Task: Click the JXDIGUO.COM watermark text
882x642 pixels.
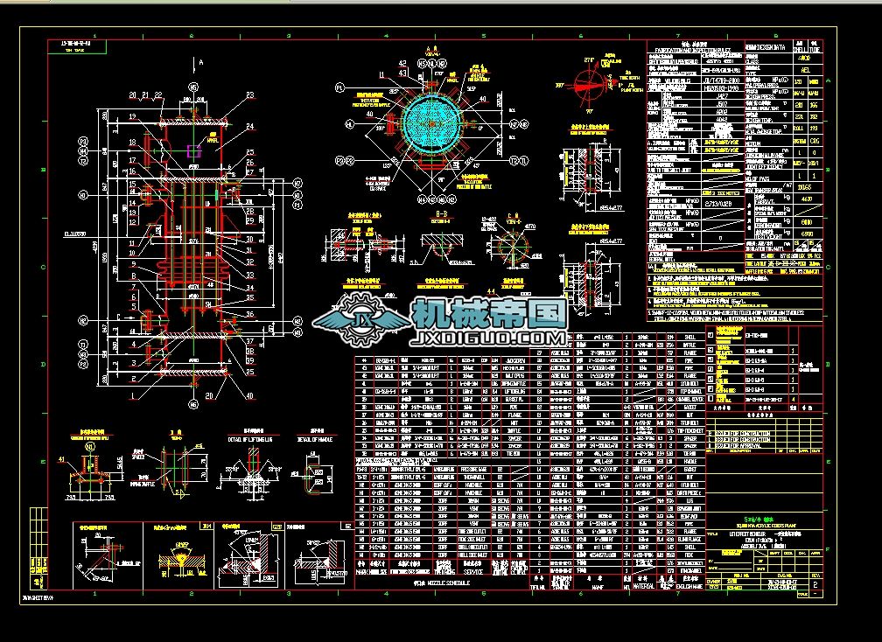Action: pyautogui.click(x=488, y=338)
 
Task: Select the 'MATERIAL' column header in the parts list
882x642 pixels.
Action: pyautogui.click(x=642, y=587)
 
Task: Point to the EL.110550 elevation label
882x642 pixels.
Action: pyautogui.click(x=73, y=234)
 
